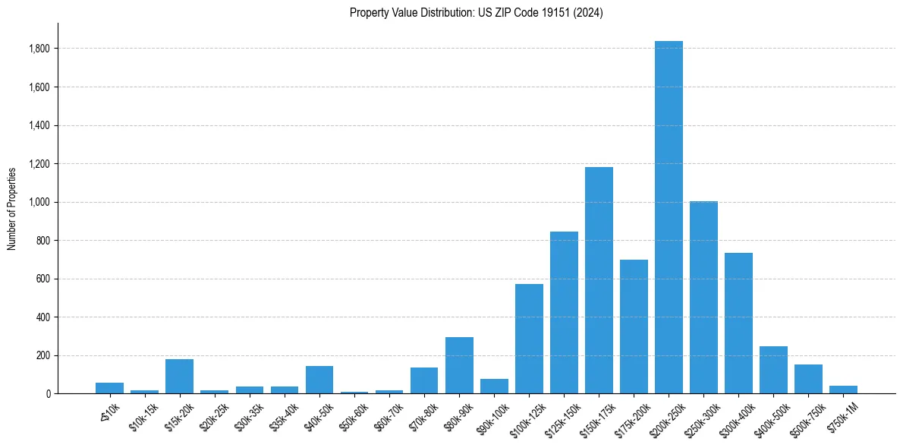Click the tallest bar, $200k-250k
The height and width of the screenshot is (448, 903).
[x=669, y=217]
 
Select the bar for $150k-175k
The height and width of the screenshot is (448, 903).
[x=599, y=280]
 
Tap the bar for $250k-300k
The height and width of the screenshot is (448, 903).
[x=703, y=297]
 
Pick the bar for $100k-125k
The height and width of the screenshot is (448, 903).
[x=529, y=339]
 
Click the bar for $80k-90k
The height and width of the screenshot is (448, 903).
[x=459, y=365]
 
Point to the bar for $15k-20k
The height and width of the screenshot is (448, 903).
[x=179, y=376]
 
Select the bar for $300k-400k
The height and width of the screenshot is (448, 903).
[x=738, y=323]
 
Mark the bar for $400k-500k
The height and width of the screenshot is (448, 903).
[x=773, y=370]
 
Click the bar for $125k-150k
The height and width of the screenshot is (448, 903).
[x=564, y=312]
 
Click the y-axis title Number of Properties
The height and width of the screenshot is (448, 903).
[x=11, y=208]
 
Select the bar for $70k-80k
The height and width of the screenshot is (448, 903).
[x=424, y=380]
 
